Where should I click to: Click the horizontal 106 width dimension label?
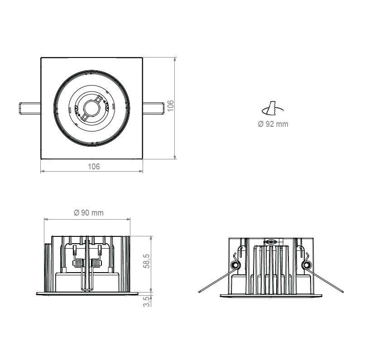(x=94, y=167)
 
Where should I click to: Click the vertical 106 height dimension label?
(x=170, y=106)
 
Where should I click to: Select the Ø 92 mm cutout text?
(x=273, y=124)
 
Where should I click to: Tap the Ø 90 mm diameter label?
(x=88, y=213)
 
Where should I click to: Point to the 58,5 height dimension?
(x=147, y=261)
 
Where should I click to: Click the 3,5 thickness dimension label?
(x=147, y=302)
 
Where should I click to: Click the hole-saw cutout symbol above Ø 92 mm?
(x=273, y=109)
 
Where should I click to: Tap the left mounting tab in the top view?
(x=29, y=109)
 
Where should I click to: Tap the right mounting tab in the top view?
(x=153, y=109)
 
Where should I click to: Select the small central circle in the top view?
(x=91, y=108)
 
